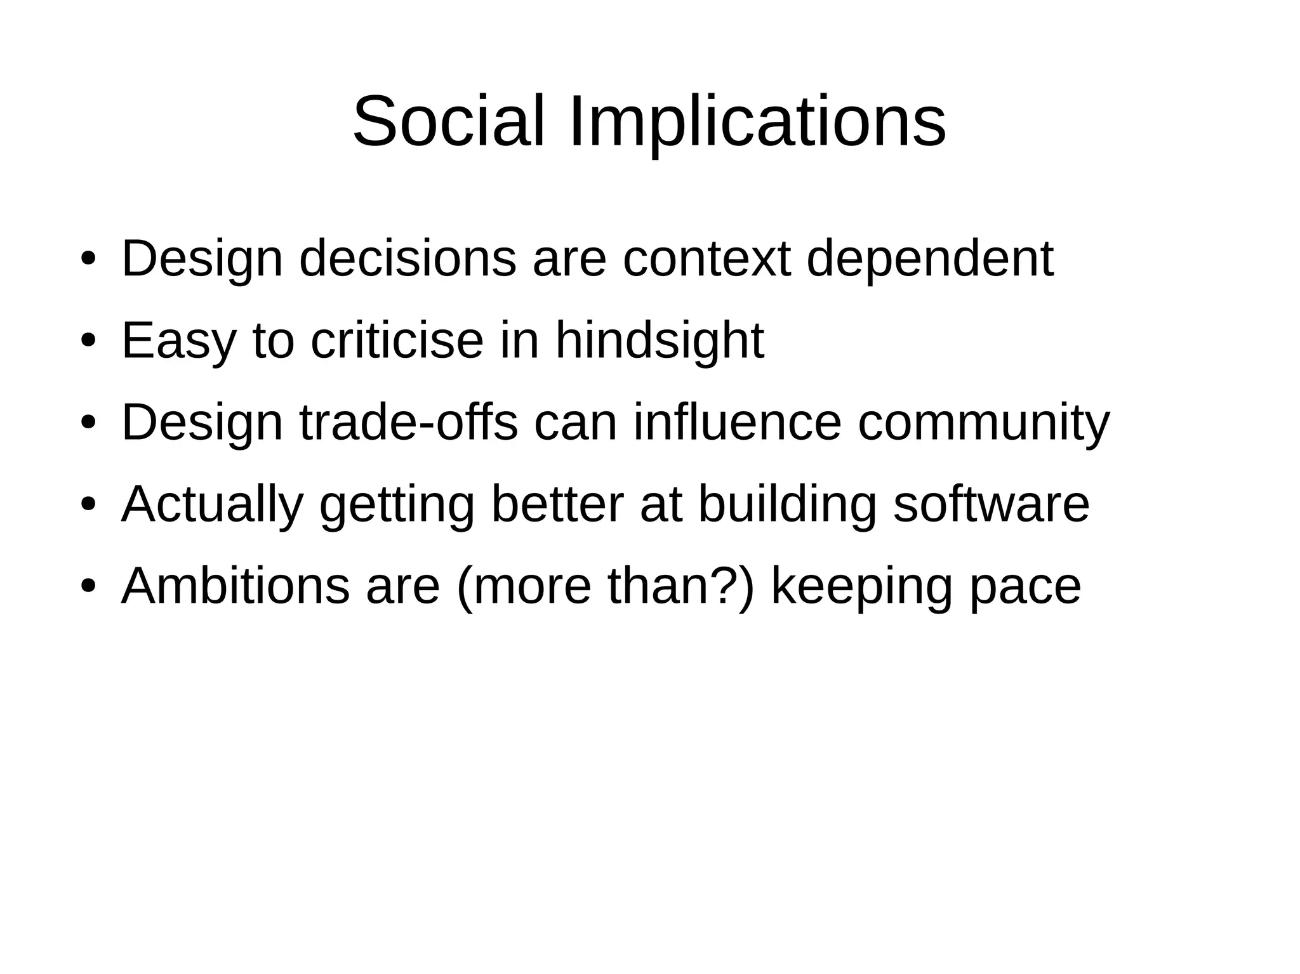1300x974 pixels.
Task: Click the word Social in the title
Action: pyautogui.click(x=448, y=121)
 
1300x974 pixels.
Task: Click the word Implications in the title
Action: pyautogui.click(x=757, y=121)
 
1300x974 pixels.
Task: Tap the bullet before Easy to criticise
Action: pyautogui.click(x=88, y=339)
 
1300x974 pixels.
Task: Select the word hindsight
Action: pyautogui.click(x=660, y=341)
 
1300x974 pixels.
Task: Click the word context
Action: pyautogui.click(x=706, y=259)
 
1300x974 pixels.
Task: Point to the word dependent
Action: pyautogui.click(x=929, y=259)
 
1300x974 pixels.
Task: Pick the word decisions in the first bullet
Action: pyautogui.click(x=408, y=259)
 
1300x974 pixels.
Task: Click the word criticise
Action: pyautogui.click(x=397, y=341)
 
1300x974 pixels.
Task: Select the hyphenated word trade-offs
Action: pyautogui.click(x=409, y=423)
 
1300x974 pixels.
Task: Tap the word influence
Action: pyautogui.click(x=737, y=423)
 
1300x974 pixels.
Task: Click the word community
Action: pyautogui.click(x=983, y=423)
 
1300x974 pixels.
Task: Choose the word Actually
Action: pyautogui.click(x=212, y=504)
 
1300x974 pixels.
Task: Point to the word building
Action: pyautogui.click(x=787, y=504)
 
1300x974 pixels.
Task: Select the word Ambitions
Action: pyautogui.click(x=235, y=586)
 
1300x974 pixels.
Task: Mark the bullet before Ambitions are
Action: pyautogui.click(x=88, y=585)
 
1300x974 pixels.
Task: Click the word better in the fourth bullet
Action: pyautogui.click(x=558, y=504)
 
